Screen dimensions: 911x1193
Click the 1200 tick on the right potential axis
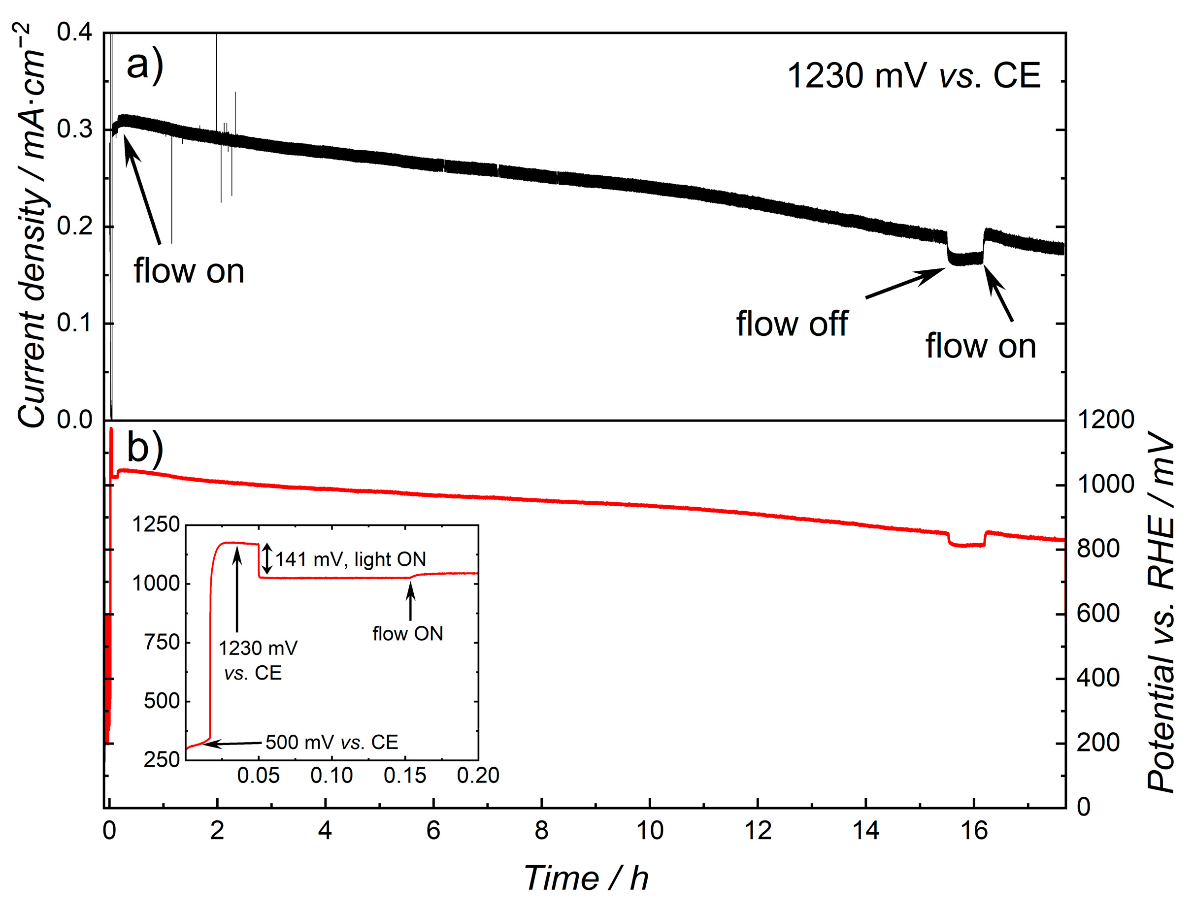pos(1105,420)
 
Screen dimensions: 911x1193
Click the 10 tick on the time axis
pos(649,831)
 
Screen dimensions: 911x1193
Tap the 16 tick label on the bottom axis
pos(973,831)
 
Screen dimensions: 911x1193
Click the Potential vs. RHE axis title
pos(1160,613)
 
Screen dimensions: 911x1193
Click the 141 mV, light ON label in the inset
pos(350,559)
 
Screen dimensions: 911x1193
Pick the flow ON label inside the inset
pos(407,633)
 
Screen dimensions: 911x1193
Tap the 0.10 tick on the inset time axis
pos(331,776)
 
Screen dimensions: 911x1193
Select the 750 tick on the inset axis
pos(161,642)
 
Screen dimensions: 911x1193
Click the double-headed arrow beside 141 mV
pos(266,559)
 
